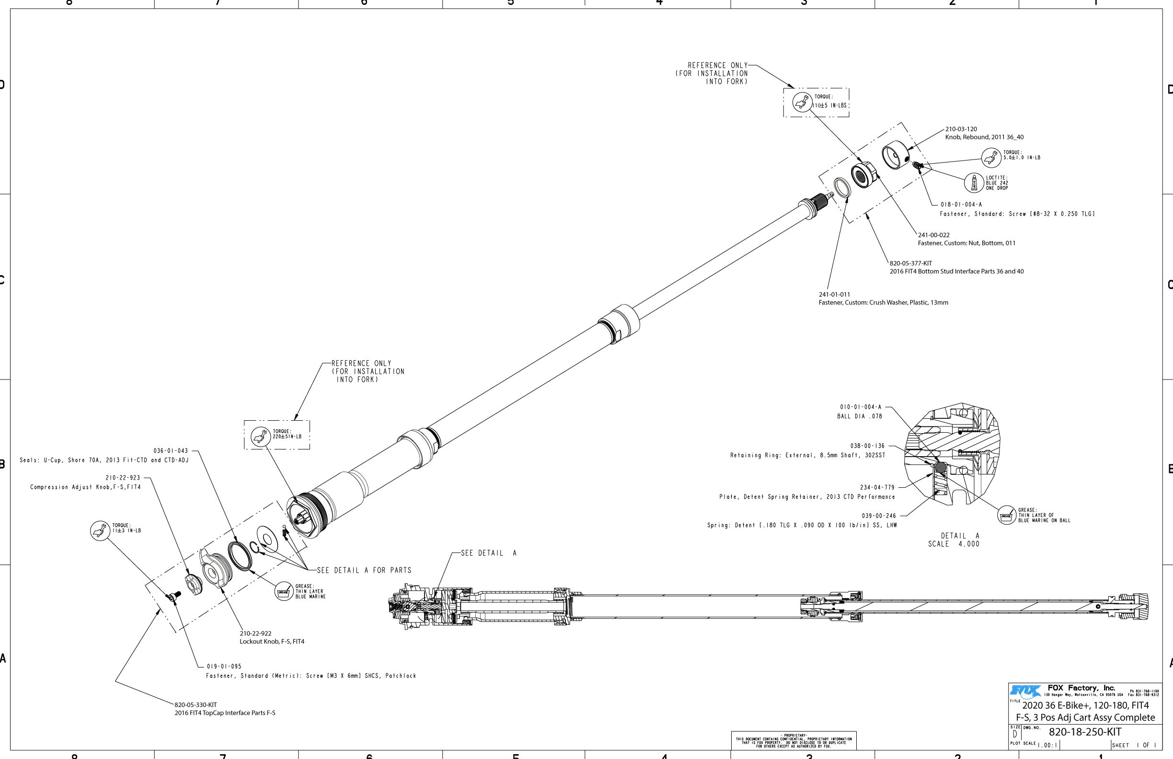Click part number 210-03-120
pos(961,129)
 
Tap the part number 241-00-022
pos(933,235)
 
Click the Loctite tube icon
pos(974,183)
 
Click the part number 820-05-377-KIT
pos(911,264)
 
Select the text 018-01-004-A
pos(961,205)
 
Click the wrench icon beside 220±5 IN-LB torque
pos(261,436)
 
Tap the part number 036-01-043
pos(171,451)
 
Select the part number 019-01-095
pos(224,667)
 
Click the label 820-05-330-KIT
pos(195,705)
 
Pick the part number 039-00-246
pos(879,516)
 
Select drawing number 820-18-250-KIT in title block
pos(1085,732)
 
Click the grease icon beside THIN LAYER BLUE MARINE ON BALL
pos(1006,516)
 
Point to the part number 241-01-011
pos(834,295)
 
